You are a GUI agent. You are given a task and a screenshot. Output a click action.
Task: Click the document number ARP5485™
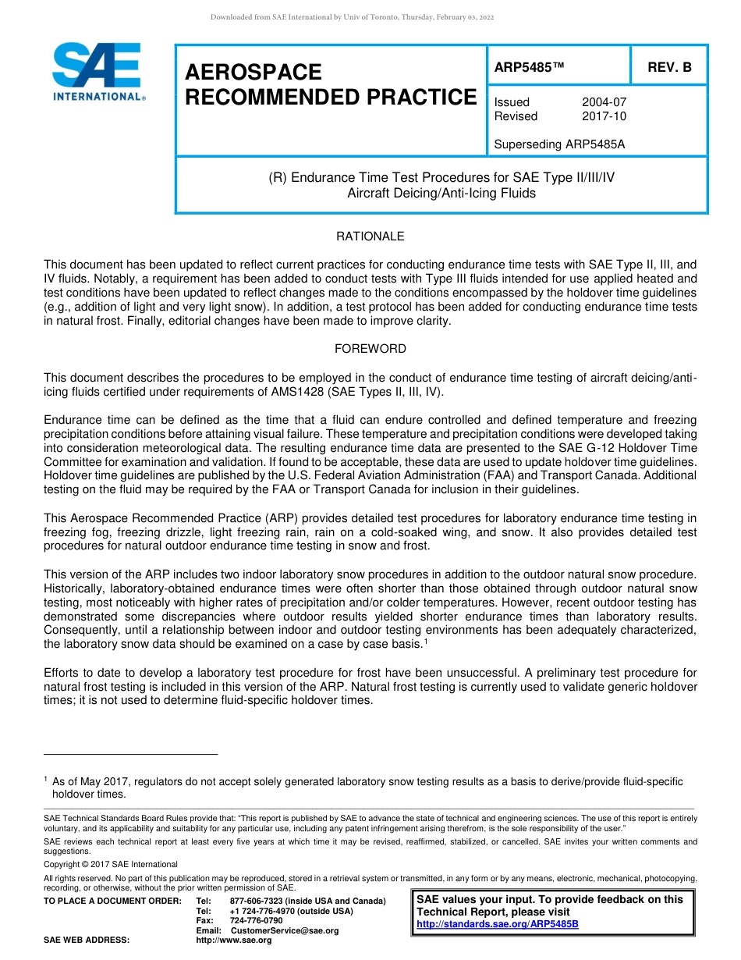[529, 67]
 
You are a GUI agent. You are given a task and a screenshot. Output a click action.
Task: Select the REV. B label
[669, 67]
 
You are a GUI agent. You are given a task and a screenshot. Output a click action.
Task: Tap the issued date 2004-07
[604, 102]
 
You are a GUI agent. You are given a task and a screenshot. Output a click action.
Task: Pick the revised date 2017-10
[604, 116]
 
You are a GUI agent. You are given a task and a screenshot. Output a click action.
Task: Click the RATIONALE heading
[370, 236]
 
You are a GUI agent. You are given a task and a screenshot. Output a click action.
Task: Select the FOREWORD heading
[370, 349]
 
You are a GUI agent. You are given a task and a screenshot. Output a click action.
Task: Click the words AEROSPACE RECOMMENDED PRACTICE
[330, 84]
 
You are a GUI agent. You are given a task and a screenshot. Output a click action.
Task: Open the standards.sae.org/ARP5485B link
[498, 924]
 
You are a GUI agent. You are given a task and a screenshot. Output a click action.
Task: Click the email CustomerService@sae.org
[285, 930]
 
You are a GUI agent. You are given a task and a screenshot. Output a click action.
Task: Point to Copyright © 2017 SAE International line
[111, 864]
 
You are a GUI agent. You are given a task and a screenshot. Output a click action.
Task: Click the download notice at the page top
[353, 17]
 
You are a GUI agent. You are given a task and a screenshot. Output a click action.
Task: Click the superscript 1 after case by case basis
[425, 642]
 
